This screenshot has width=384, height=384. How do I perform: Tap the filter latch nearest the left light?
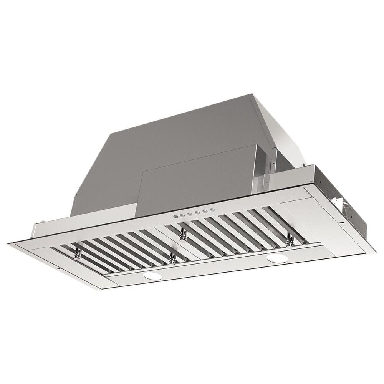[172, 258]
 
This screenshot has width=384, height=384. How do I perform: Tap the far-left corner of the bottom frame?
[9, 242]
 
